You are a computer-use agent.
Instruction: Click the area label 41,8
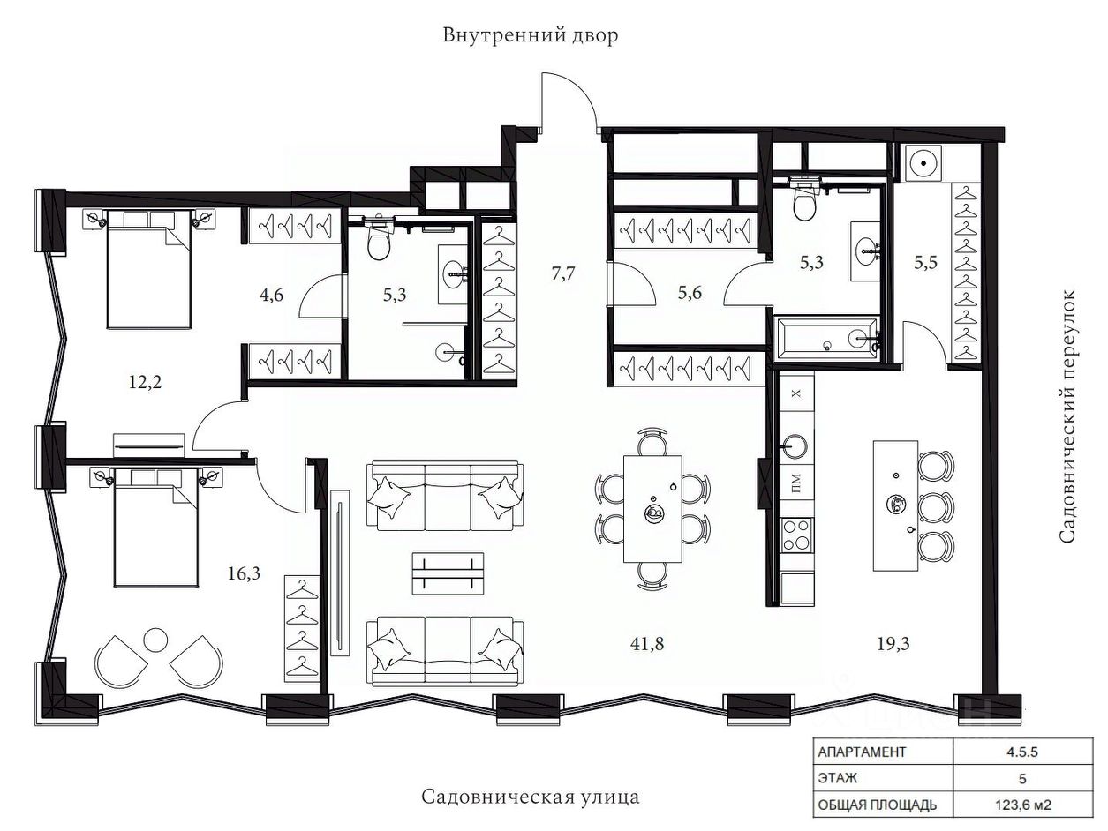click(646, 644)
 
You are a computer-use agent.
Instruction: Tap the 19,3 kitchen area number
click(893, 644)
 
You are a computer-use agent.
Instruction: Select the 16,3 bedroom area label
click(244, 573)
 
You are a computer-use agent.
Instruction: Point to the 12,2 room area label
click(146, 382)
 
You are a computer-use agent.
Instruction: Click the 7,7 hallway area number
click(563, 273)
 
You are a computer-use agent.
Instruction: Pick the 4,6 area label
click(272, 295)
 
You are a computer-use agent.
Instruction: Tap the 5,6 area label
click(690, 293)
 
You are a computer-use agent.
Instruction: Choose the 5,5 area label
click(926, 262)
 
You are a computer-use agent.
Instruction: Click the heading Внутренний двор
click(531, 36)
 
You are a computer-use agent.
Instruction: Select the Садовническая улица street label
click(531, 797)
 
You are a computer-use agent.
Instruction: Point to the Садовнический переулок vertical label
click(1067, 416)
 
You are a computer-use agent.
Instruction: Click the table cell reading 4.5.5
click(1022, 752)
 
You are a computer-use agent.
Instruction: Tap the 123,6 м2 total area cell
click(1023, 805)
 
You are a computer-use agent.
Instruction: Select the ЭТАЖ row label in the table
click(838, 778)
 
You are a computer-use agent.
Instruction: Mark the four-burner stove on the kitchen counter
click(797, 535)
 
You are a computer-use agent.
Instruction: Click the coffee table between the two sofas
click(448, 573)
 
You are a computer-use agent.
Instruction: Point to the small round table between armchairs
click(155, 640)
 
